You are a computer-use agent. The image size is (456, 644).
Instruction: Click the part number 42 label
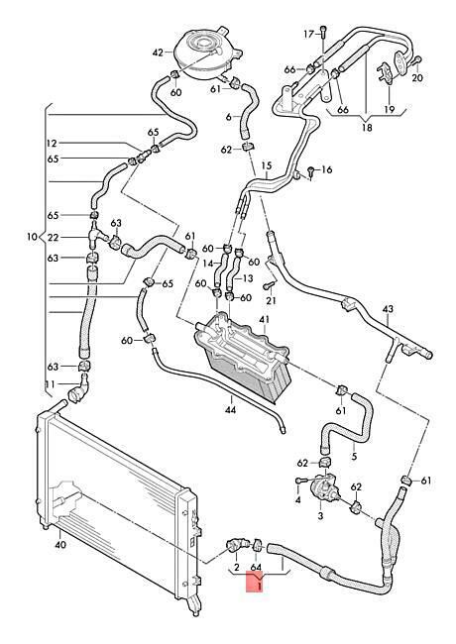point(158,53)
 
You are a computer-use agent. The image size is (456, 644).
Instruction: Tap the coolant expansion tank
point(207,55)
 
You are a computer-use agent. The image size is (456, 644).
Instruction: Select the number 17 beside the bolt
point(309,34)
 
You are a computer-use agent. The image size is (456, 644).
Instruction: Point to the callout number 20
point(417,77)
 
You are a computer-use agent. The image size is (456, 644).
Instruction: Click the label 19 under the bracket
point(389,109)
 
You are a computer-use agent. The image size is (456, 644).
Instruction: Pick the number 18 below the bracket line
point(367,128)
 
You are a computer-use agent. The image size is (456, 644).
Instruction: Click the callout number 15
point(267,165)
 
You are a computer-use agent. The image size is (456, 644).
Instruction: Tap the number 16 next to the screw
point(327,169)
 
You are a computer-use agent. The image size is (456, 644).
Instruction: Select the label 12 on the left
point(52,144)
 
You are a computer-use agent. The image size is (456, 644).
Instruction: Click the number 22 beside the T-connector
point(54,238)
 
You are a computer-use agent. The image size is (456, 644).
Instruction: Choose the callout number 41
point(264,319)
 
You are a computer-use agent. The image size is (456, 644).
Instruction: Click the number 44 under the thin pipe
point(231,409)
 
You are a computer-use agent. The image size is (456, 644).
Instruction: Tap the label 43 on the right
point(388,309)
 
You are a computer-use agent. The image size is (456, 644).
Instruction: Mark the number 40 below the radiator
point(60,545)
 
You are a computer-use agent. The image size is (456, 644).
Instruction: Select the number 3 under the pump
point(320,516)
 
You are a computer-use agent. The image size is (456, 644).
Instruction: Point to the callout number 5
point(354,456)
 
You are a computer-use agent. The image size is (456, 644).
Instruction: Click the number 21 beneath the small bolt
point(272,300)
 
